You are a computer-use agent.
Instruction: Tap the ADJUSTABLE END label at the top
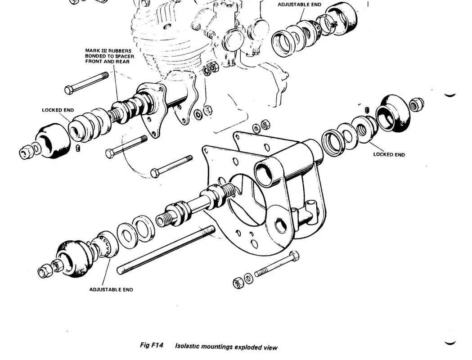[x=299, y=4]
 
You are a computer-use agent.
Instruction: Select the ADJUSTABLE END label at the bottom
[x=111, y=290]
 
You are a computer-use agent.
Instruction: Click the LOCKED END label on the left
[x=58, y=110]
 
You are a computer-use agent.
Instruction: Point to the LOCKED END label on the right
[x=389, y=155]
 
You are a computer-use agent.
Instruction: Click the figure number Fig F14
[x=152, y=345]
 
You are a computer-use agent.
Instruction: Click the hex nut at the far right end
[x=417, y=104]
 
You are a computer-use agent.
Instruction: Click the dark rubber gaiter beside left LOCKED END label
[x=53, y=141]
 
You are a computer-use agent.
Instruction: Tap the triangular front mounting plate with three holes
[x=153, y=108]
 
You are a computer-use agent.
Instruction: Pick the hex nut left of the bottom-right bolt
[x=238, y=283]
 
